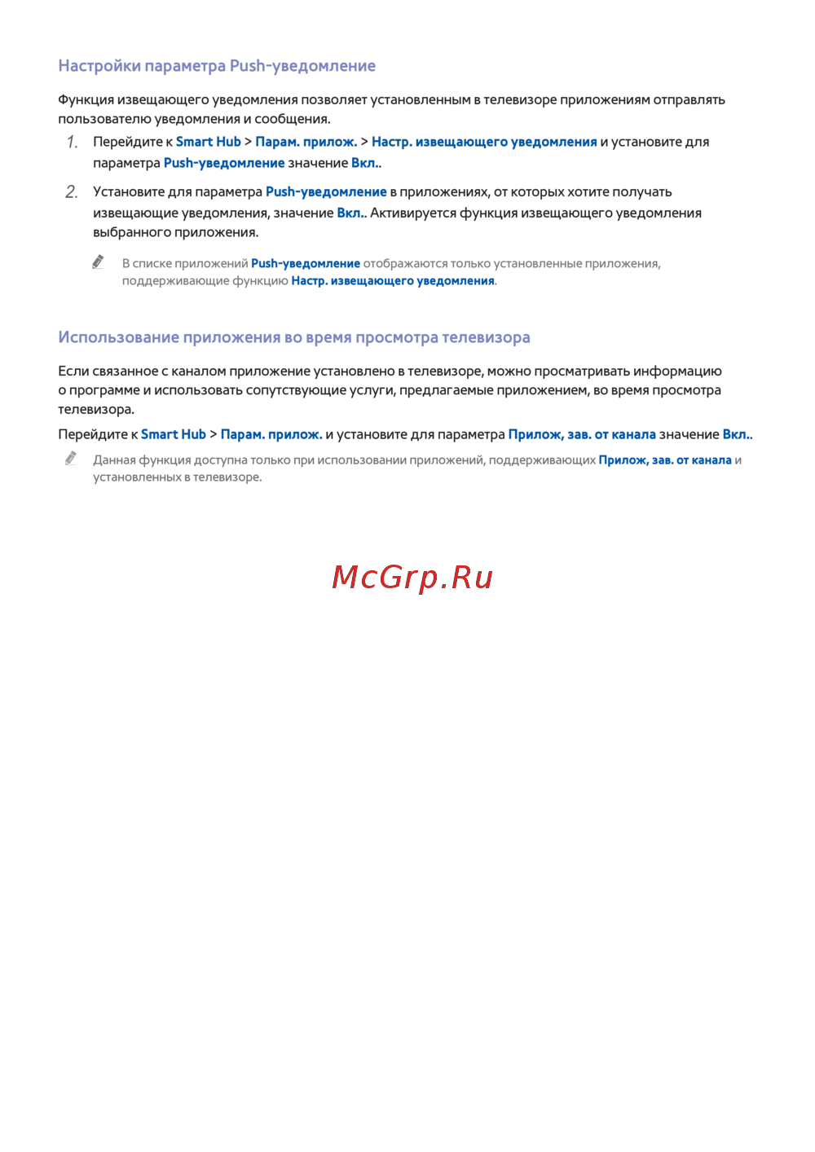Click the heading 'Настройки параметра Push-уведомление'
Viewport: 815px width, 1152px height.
pos(217,66)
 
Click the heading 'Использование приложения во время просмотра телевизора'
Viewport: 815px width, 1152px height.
pos(294,337)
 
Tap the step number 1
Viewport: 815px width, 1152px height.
pos(73,143)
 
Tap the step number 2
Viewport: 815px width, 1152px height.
pos(72,192)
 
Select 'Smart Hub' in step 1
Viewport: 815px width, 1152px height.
pos(209,142)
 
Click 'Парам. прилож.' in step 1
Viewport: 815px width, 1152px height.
pos(306,142)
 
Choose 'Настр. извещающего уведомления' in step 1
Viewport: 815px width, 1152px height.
pos(484,142)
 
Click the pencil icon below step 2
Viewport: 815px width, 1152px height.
pos(99,262)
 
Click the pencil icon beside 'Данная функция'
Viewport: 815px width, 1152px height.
pos(71,459)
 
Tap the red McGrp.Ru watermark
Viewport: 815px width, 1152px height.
pos(412,578)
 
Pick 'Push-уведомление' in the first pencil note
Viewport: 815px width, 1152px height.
pos(306,264)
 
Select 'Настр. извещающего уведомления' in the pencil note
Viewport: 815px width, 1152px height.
pos(393,281)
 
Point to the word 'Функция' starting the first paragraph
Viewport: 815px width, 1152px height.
pos(86,100)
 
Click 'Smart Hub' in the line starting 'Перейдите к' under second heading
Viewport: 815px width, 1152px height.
pos(174,435)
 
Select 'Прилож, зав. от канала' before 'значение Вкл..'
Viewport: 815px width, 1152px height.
pos(582,435)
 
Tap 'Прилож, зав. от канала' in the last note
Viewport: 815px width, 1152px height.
pos(665,460)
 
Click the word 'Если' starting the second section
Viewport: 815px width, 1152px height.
pos(73,372)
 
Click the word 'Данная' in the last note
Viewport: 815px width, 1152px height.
pos(114,460)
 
